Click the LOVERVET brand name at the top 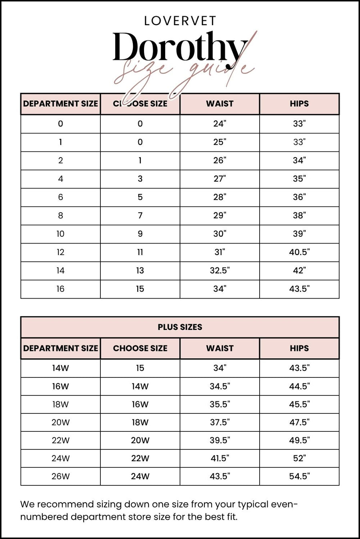point(180,21)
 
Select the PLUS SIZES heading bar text point(180,327)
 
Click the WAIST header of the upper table point(220,104)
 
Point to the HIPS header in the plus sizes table point(299,348)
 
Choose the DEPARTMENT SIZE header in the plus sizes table point(60,348)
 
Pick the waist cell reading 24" point(220,124)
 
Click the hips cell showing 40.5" point(299,252)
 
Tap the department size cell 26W point(60,476)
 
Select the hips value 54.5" point(299,476)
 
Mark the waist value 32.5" point(220,271)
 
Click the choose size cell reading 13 point(140,271)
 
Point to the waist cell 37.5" point(220,422)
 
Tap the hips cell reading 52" point(299,458)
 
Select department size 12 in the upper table point(60,252)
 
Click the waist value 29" point(220,216)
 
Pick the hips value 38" point(299,216)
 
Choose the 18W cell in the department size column point(60,404)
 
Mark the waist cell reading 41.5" point(220,458)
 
